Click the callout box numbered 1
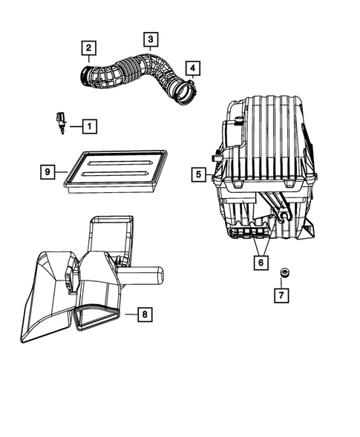(x=88, y=126)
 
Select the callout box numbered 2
(x=88, y=50)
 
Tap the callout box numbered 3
(x=150, y=39)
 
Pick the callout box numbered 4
(x=192, y=69)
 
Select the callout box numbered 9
(x=47, y=171)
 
